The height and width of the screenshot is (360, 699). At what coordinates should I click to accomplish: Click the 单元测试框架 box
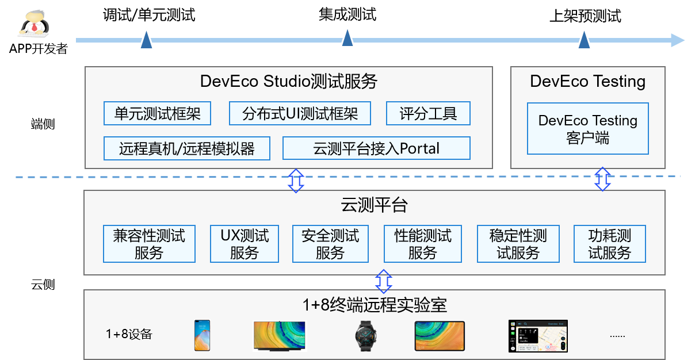pyautogui.click(x=157, y=113)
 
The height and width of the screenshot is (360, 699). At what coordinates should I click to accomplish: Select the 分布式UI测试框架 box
pyautogui.click(x=300, y=113)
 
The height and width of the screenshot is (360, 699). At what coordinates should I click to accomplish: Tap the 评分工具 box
pyautogui.click(x=428, y=113)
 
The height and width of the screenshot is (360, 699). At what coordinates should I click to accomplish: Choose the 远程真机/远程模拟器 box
pyautogui.click(x=187, y=148)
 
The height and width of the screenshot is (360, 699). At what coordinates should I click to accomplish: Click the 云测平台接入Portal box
pyautogui.click(x=376, y=148)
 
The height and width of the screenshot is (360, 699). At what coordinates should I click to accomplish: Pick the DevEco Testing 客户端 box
pyautogui.click(x=587, y=129)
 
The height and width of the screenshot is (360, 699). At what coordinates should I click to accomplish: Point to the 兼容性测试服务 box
pyautogui.click(x=149, y=244)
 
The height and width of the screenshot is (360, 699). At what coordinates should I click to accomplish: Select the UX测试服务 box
pyautogui.click(x=245, y=244)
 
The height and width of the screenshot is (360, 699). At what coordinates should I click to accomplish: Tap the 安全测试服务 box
pyautogui.click(x=330, y=244)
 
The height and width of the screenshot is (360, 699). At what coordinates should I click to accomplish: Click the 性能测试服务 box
pyautogui.click(x=423, y=244)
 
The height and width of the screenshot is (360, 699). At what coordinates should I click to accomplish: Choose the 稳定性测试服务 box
pyautogui.click(x=518, y=244)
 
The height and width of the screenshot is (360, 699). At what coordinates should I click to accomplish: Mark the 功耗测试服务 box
pyautogui.click(x=610, y=244)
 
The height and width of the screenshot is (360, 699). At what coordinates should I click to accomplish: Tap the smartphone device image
pyautogui.click(x=202, y=336)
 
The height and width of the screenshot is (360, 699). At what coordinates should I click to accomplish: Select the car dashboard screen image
pyautogui.click(x=538, y=336)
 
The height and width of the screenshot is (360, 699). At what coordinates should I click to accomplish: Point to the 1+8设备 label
pyautogui.click(x=129, y=334)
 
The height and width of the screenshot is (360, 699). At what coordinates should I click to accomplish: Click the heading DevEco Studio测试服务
pyautogui.click(x=288, y=81)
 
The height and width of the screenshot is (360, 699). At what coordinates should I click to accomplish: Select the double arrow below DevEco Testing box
pyautogui.click(x=602, y=179)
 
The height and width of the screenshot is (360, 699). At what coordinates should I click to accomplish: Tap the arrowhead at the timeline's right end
pyautogui.click(x=677, y=40)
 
